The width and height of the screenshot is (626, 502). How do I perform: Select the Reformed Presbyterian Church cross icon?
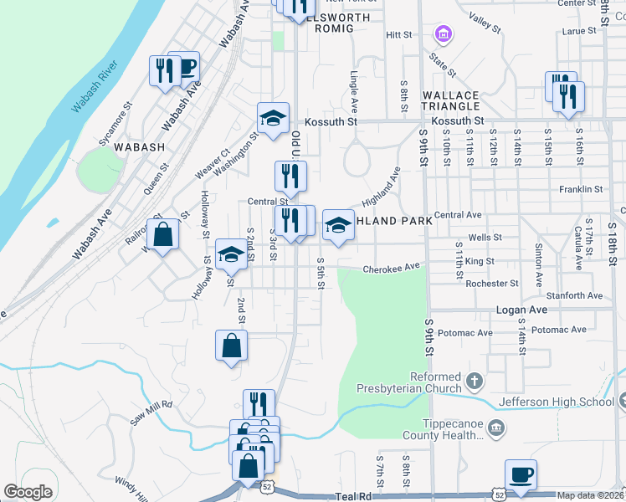[x=474, y=382]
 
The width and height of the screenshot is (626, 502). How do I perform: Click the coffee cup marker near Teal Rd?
[x=521, y=474]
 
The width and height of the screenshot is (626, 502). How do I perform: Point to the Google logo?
[x=28, y=492]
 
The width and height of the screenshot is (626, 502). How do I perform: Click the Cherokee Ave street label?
[x=390, y=269]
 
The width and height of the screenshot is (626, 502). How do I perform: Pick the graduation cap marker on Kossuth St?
[x=272, y=118]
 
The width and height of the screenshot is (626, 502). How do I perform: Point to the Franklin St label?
[x=581, y=190]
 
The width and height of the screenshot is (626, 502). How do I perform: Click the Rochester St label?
[x=493, y=284]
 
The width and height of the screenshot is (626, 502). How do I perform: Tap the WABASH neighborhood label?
[x=139, y=146]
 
